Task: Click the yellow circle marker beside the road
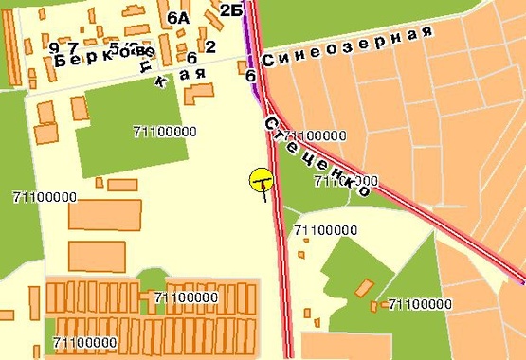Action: [x=262, y=179]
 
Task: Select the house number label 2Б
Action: [x=230, y=10]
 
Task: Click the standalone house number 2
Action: [x=210, y=46]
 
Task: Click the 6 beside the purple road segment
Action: [x=250, y=75]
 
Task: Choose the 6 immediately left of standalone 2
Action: [x=191, y=59]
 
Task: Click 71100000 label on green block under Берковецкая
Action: [x=166, y=131]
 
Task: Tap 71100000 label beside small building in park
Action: [x=420, y=304]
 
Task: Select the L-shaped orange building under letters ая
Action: [x=198, y=94]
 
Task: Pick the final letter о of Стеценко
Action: [x=362, y=190]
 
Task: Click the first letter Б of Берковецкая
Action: [x=61, y=60]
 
